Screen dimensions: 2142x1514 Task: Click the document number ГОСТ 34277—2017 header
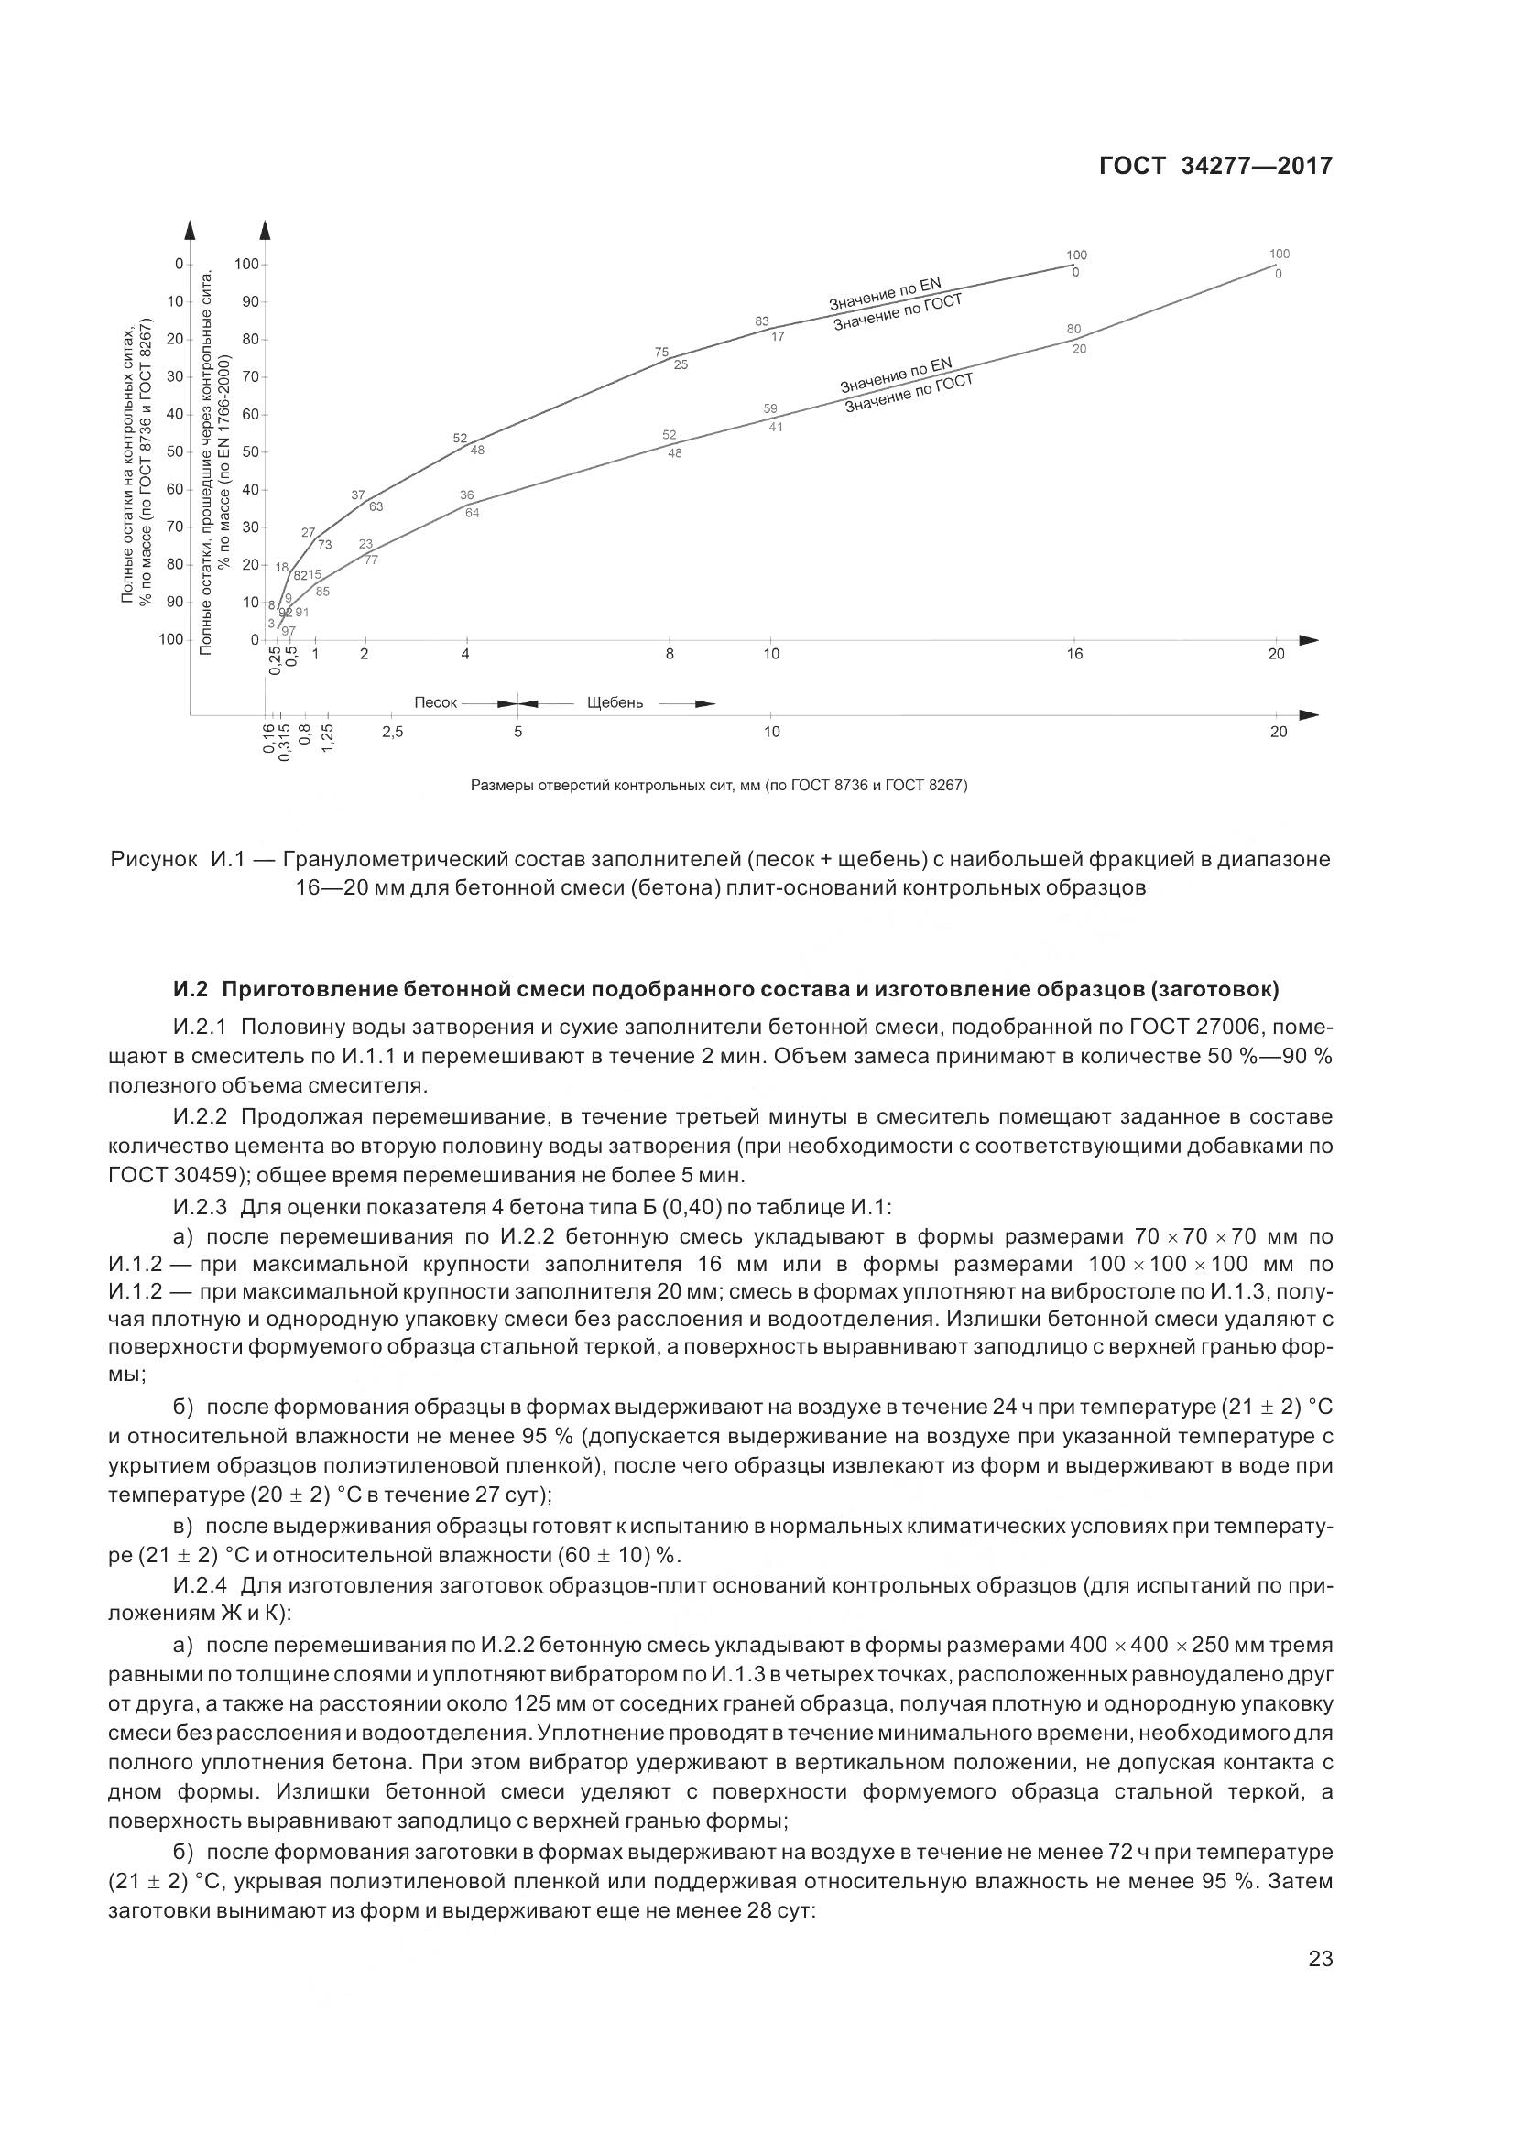[1215, 166]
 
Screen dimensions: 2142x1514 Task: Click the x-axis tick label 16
[1074, 654]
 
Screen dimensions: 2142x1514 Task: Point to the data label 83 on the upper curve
[762, 321]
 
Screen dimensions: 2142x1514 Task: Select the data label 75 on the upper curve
[661, 353]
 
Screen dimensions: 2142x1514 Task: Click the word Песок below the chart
[436, 702]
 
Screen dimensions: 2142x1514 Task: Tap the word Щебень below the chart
[615, 702]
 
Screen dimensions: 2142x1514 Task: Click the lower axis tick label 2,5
[392, 733]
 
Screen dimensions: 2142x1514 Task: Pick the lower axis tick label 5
[517, 733]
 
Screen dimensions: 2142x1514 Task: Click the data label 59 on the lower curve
[770, 409]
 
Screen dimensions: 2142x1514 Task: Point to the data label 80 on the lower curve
[1073, 330]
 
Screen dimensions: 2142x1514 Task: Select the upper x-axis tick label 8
[670, 654]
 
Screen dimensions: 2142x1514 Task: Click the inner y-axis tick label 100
[246, 265]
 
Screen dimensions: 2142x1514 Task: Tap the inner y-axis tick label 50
[250, 452]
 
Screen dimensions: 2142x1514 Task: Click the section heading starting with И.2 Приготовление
[725, 989]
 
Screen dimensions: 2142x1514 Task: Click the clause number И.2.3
[200, 1207]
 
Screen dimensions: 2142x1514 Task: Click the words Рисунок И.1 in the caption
[178, 859]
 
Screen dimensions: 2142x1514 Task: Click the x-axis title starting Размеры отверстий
[718, 786]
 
